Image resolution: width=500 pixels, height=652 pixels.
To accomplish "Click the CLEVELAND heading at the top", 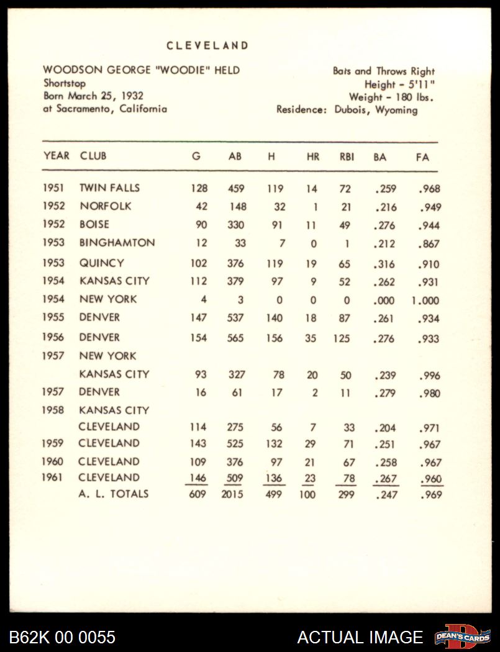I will pos(207,46).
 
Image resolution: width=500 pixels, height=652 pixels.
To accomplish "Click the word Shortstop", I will pos(65,83).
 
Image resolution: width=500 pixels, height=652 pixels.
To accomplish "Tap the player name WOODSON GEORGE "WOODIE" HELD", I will pos(141,70).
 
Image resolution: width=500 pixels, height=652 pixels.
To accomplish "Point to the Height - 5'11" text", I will pos(399,84).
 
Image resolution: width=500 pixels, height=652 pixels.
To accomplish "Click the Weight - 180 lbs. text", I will pos(391,97).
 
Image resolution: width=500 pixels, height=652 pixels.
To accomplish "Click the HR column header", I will pos(313,157).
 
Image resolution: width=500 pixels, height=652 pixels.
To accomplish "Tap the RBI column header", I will pos(347,157).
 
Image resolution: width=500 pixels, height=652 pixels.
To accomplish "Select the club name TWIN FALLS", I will pos(109,188).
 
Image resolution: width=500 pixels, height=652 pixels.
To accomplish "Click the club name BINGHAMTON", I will pos(117,243).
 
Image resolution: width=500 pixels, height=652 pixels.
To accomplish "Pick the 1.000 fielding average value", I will pos(425,301).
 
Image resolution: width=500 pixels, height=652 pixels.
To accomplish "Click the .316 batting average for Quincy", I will pos(384,264).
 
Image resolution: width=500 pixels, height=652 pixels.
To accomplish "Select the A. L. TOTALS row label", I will pos(114,494).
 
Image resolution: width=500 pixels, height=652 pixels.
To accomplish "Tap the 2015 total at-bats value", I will pos(232,495).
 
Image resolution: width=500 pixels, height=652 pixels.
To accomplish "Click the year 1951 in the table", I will pos(53,188).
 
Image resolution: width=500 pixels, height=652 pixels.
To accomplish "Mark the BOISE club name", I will pos(94,224).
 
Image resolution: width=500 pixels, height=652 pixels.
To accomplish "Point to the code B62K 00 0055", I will pos(62,637).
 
